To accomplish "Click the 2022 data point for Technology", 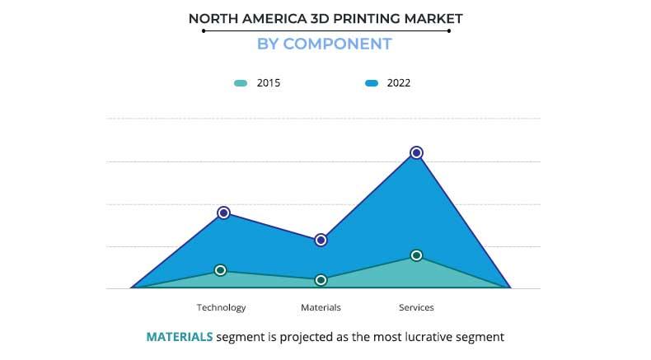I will point(223,213).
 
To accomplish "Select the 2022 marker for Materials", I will point(321,240).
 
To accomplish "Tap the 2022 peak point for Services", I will point(416,152).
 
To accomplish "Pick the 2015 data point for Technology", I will point(221,270).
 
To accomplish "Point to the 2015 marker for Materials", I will point(321,280).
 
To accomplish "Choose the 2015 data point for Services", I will point(416,255).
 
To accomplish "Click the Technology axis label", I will point(221,307).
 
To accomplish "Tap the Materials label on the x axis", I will point(321,307).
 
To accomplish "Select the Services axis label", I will point(416,307).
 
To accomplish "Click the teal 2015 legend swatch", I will point(241,83).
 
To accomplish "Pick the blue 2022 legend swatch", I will point(371,83).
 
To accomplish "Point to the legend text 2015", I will point(269,83).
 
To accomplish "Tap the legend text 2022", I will point(399,83).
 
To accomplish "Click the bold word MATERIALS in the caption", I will point(179,336).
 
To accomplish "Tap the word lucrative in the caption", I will point(426,336).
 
